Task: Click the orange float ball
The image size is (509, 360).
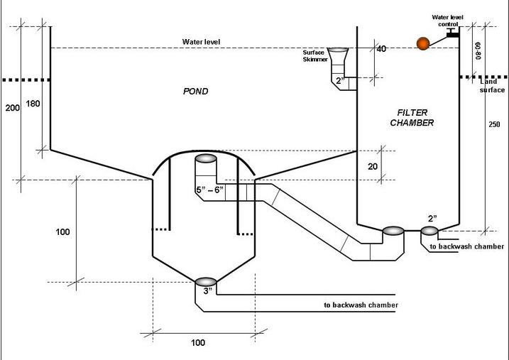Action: pyautogui.click(x=423, y=43)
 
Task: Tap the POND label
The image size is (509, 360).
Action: pyautogui.click(x=195, y=92)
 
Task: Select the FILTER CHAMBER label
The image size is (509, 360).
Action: pyautogui.click(x=412, y=117)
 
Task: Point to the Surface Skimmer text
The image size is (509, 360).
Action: pyautogui.click(x=314, y=56)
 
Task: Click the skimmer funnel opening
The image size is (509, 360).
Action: pyautogui.click(x=338, y=50)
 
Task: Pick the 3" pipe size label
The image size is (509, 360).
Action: pyautogui.click(x=208, y=290)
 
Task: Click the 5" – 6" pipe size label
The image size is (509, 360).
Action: pyautogui.click(x=209, y=190)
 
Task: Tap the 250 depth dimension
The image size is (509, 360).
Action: pyautogui.click(x=494, y=124)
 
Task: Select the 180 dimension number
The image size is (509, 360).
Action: pyautogui.click(x=33, y=104)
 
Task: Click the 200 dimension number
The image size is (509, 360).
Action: pyautogui.click(x=12, y=108)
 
